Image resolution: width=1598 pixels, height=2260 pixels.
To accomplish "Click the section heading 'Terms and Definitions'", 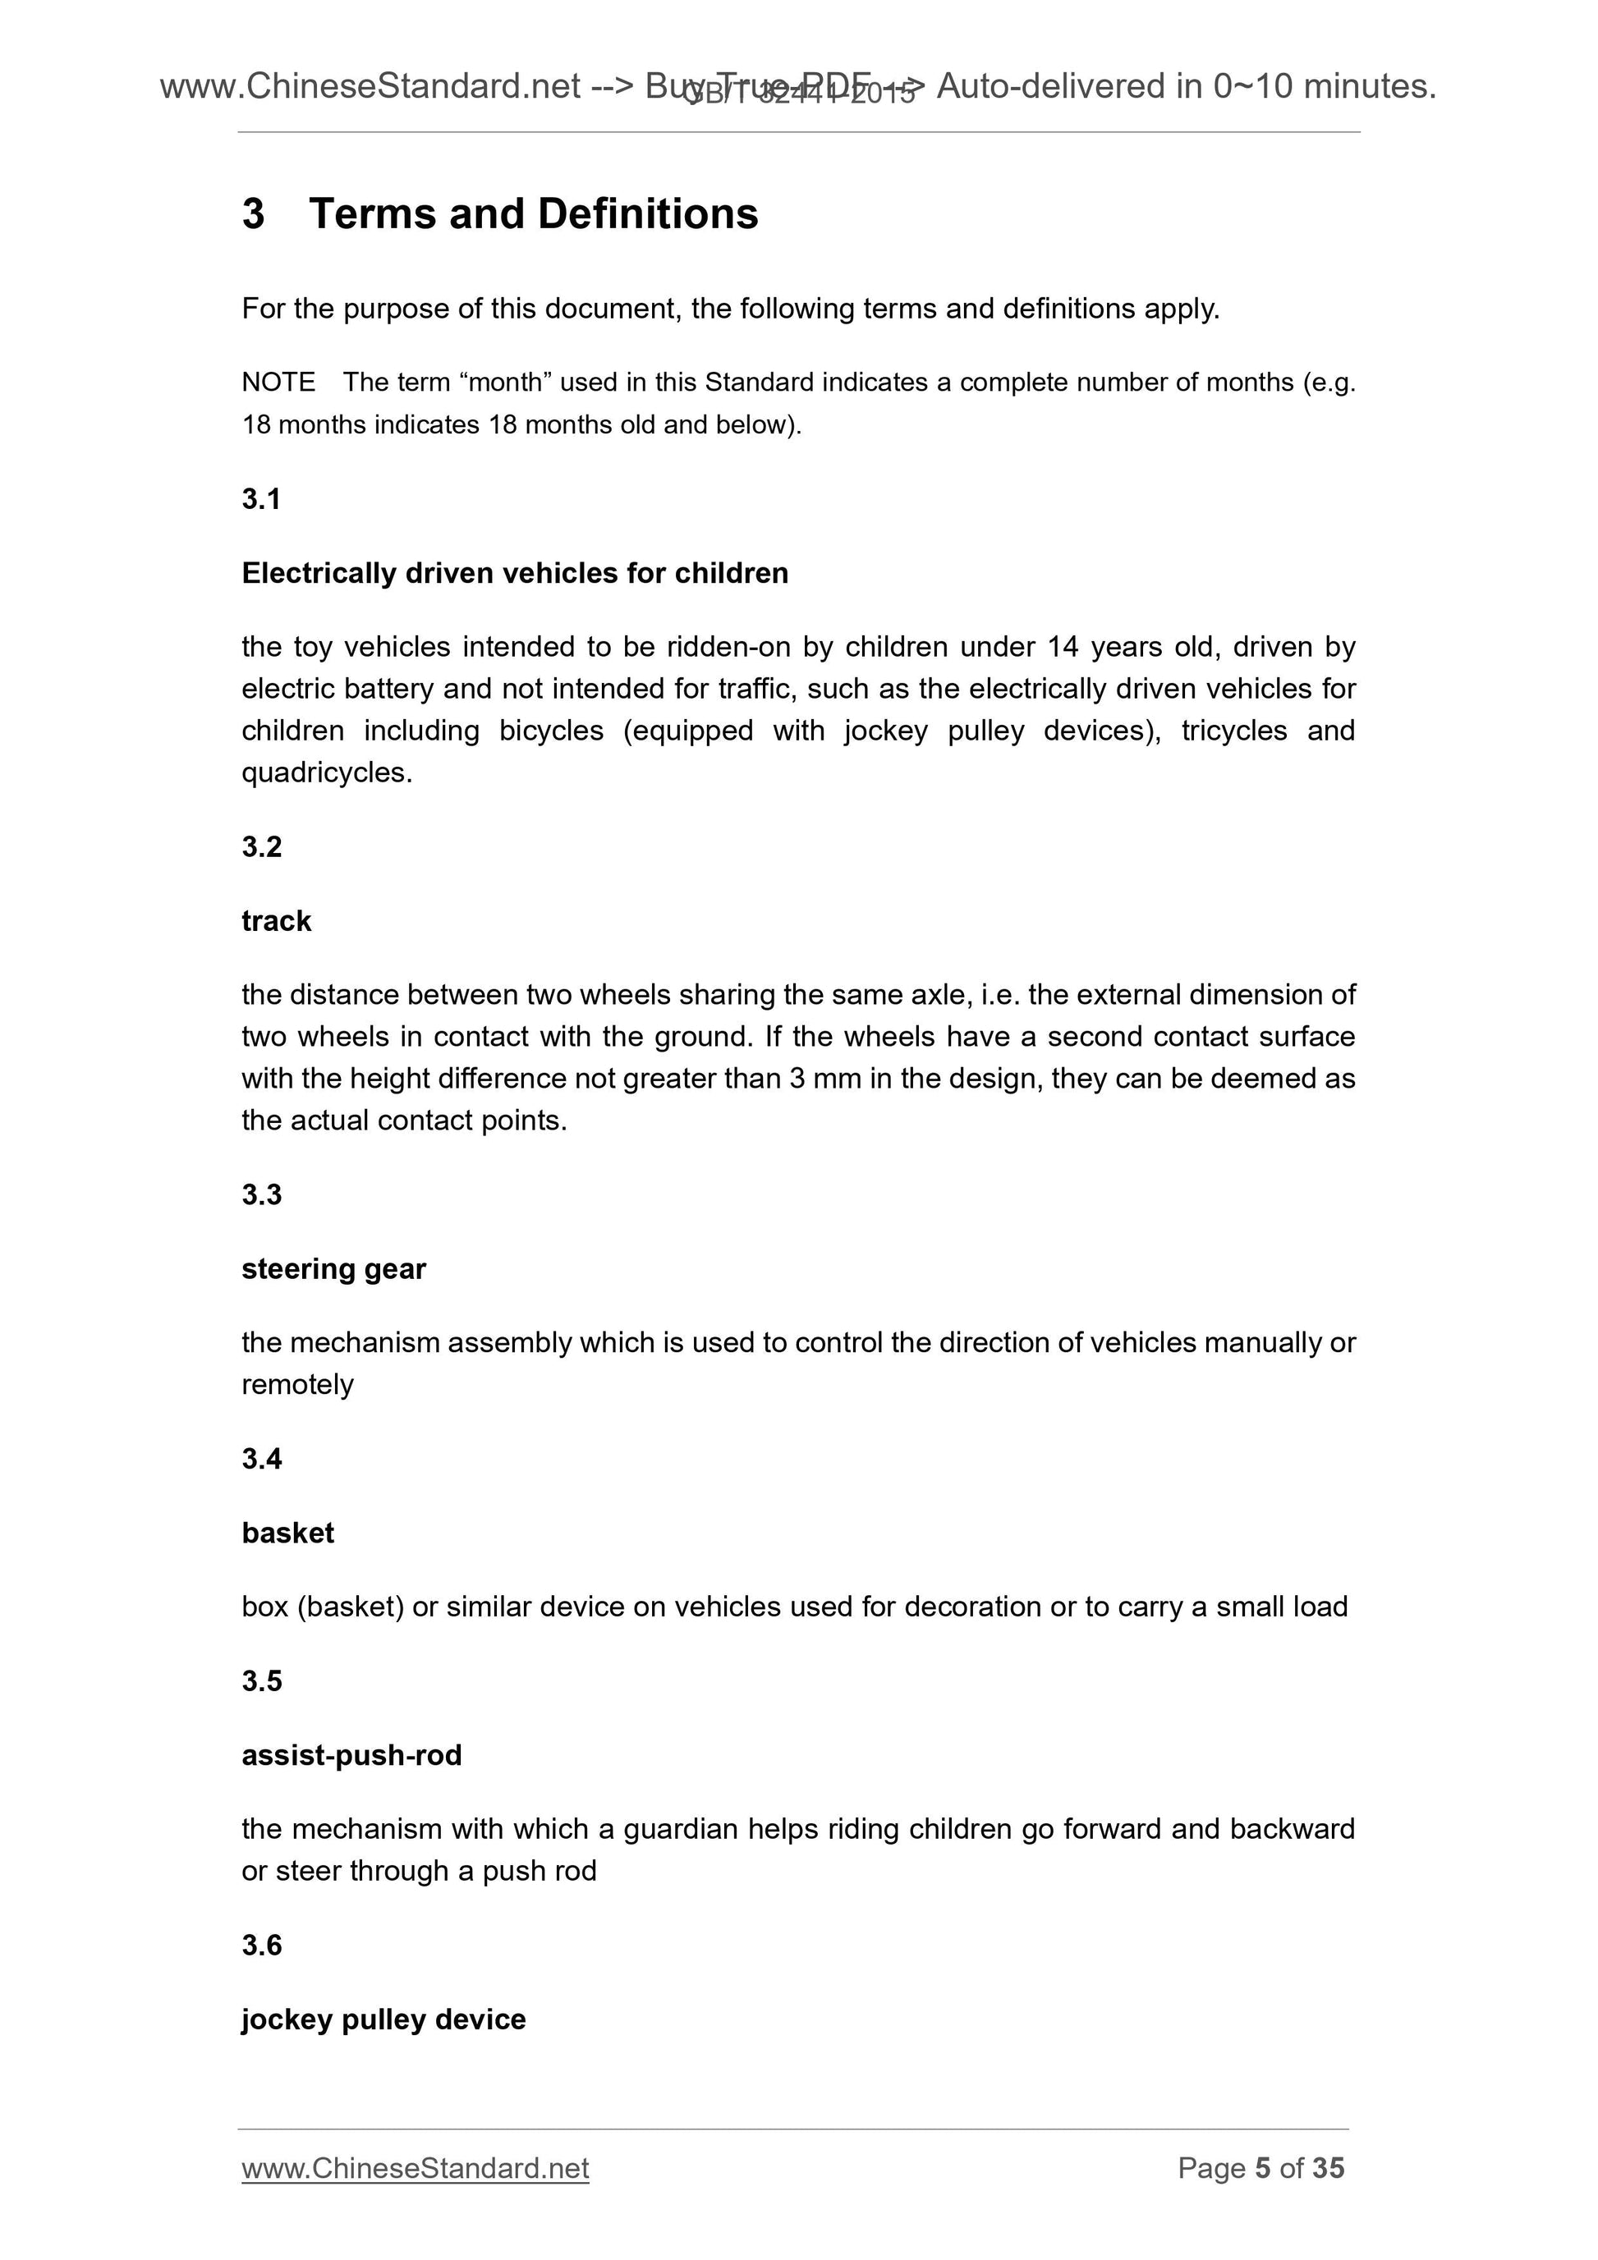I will coord(533,213).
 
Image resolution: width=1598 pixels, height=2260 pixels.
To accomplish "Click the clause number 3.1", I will coord(262,499).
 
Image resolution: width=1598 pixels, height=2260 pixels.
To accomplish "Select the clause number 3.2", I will coord(262,846).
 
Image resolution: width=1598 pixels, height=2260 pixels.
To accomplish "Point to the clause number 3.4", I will coord(262,1458).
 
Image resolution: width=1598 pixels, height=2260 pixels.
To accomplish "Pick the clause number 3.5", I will coord(262,1680).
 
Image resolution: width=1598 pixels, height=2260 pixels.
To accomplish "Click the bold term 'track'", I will coord(277,920).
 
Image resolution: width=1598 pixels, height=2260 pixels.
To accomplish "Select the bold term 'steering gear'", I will coord(333,1269).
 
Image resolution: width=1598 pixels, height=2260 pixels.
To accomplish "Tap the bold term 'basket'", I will coord(287,1533).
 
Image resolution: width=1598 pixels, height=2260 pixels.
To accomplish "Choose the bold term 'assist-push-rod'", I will coord(351,1755).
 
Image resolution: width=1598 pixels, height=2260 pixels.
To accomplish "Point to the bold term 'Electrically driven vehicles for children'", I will coord(515,573).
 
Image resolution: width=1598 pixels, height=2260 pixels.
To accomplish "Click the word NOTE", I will coord(278,382).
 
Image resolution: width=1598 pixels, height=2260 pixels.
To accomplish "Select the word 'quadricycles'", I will coord(325,772).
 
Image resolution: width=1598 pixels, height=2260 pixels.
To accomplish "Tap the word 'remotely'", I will coord(297,1385).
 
